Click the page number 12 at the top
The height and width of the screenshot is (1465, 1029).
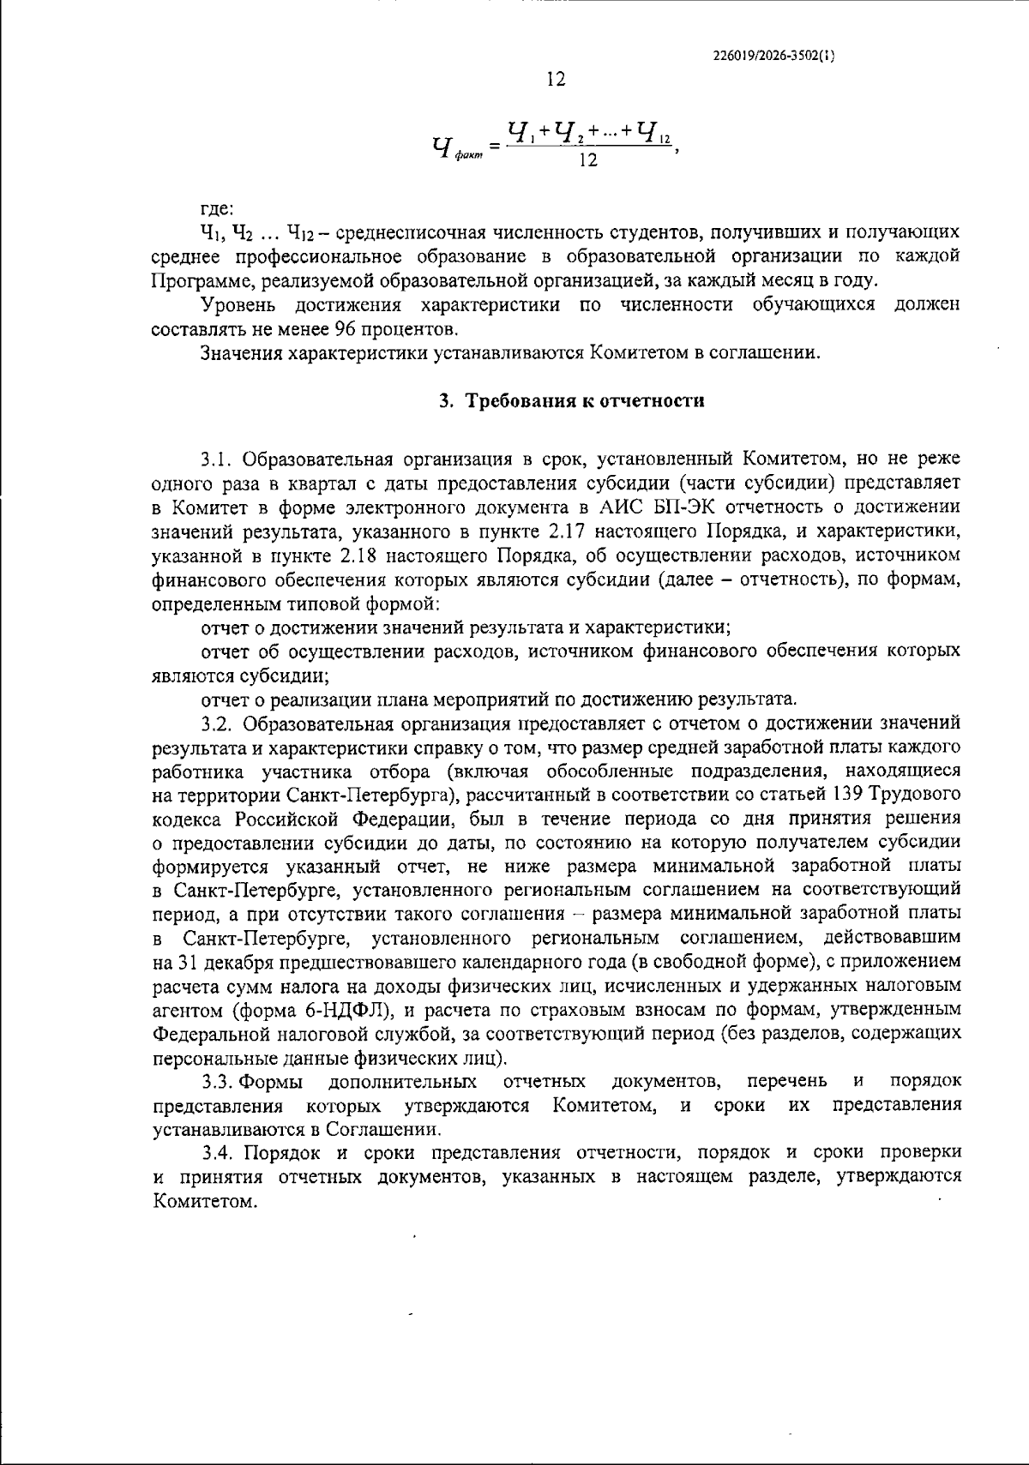coord(556,80)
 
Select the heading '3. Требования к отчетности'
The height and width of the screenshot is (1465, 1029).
coord(572,401)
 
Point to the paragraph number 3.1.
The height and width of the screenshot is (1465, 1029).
coord(218,457)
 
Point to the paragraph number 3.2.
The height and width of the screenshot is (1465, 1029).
coord(218,723)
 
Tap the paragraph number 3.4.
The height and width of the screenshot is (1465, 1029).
coord(218,1151)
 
